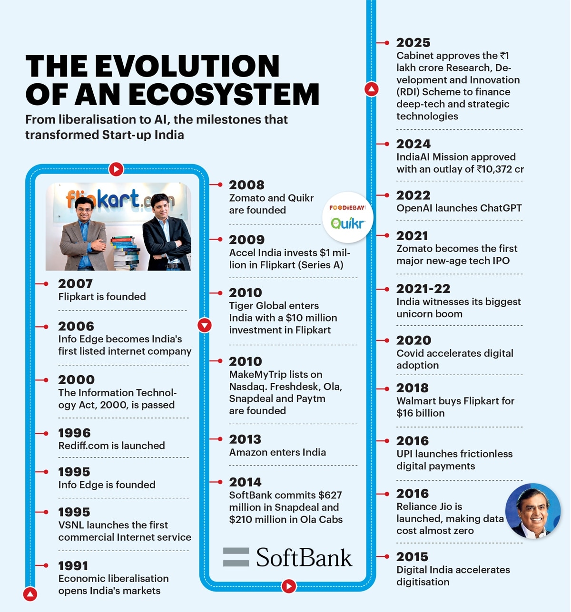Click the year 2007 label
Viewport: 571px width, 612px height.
[x=75, y=284]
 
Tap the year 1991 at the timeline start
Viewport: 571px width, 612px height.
[x=73, y=566]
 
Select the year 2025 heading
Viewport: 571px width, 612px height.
[x=413, y=43]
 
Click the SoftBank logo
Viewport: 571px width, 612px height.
[x=287, y=557]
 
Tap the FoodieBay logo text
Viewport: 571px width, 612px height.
[x=347, y=208]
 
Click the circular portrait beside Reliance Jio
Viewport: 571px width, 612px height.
[x=533, y=511]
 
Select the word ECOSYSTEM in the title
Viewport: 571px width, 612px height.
[x=224, y=94]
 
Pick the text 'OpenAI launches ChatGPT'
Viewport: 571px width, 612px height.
[x=459, y=208]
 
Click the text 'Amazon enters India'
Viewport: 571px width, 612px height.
[x=277, y=452]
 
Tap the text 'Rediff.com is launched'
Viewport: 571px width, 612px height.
[x=111, y=446]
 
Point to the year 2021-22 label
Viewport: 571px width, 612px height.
[x=423, y=289]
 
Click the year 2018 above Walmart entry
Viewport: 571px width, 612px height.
[x=413, y=388]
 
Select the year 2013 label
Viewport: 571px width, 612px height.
[x=245, y=439]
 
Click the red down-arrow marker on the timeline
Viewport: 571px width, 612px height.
[x=204, y=325]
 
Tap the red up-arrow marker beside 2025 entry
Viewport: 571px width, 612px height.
[x=372, y=89]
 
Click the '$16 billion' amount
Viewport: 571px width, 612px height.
[x=421, y=413]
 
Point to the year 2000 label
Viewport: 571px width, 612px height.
[x=76, y=379]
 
